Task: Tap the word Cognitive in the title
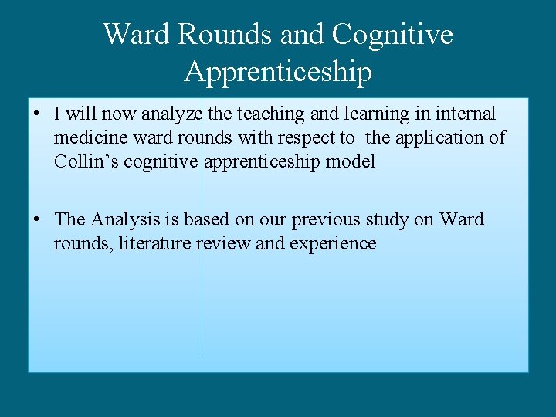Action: pos(392,34)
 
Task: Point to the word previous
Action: pos(325,219)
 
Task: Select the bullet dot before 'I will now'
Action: pos(37,114)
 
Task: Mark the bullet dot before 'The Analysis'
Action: pos(37,219)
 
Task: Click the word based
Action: pos(208,219)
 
